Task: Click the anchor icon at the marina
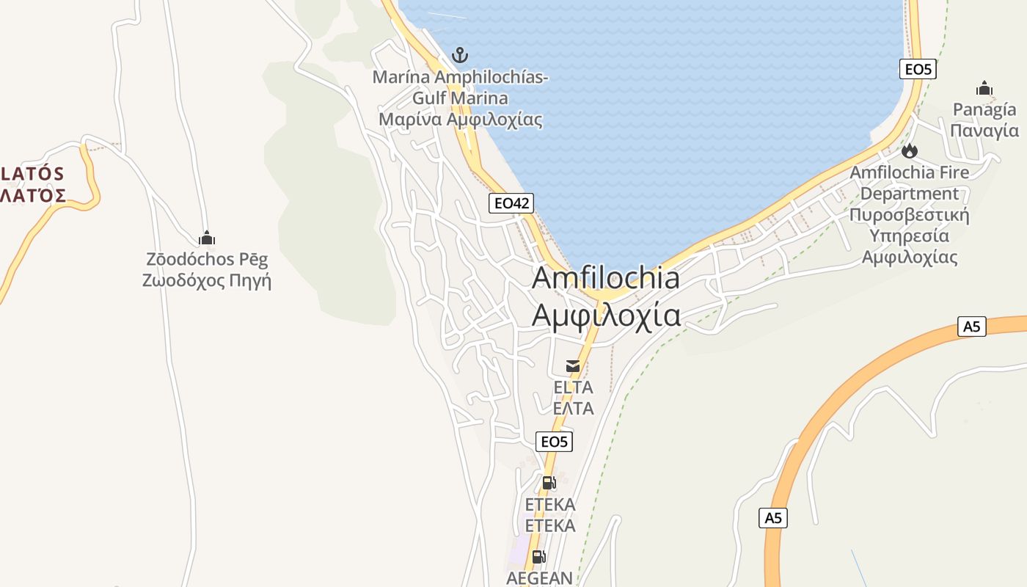click(460, 55)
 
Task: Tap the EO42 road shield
click(511, 203)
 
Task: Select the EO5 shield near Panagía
click(918, 69)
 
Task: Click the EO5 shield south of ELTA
click(554, 441)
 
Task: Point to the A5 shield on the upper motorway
click(971, 327)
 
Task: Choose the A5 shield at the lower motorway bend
click(773, 518)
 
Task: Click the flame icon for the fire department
click(910, 151)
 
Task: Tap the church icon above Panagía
click(984, 89)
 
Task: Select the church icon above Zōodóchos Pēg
click(207, 238)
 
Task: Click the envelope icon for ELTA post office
click(573, 365)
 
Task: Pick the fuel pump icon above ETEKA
click(549, 483)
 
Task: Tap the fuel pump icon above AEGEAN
click(538, 556)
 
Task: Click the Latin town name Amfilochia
click(605, 278)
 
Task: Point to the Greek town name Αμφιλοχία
click(605, 315)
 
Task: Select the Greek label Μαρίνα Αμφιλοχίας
click(460, 119)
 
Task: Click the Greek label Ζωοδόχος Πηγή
click(207, 280)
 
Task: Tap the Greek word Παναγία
click(984, 131)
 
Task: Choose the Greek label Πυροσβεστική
click(910, 215)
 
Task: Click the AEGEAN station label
click(539, 577)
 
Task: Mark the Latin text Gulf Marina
click(460, 98)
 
